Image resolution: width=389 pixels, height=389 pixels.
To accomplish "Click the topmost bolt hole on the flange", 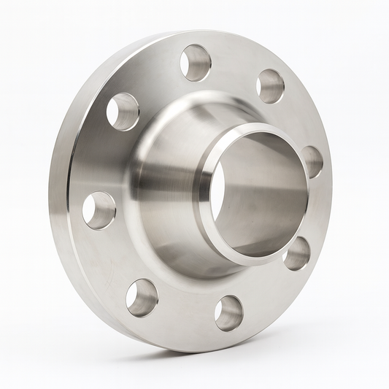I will pos(195,63).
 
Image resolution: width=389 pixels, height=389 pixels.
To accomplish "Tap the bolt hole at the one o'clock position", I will pos(270,86).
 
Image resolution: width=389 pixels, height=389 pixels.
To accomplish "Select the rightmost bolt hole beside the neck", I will pos(312,162).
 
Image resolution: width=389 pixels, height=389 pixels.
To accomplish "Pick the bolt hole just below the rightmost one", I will pos(296,253).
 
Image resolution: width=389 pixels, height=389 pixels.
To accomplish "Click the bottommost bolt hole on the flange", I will pos(228,312).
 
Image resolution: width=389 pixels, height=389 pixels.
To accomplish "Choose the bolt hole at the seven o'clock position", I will pos(142,297).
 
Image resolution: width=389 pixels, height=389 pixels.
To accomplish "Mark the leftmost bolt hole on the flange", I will pos(99,209).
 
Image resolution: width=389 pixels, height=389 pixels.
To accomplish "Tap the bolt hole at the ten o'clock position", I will pos(123,111).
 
